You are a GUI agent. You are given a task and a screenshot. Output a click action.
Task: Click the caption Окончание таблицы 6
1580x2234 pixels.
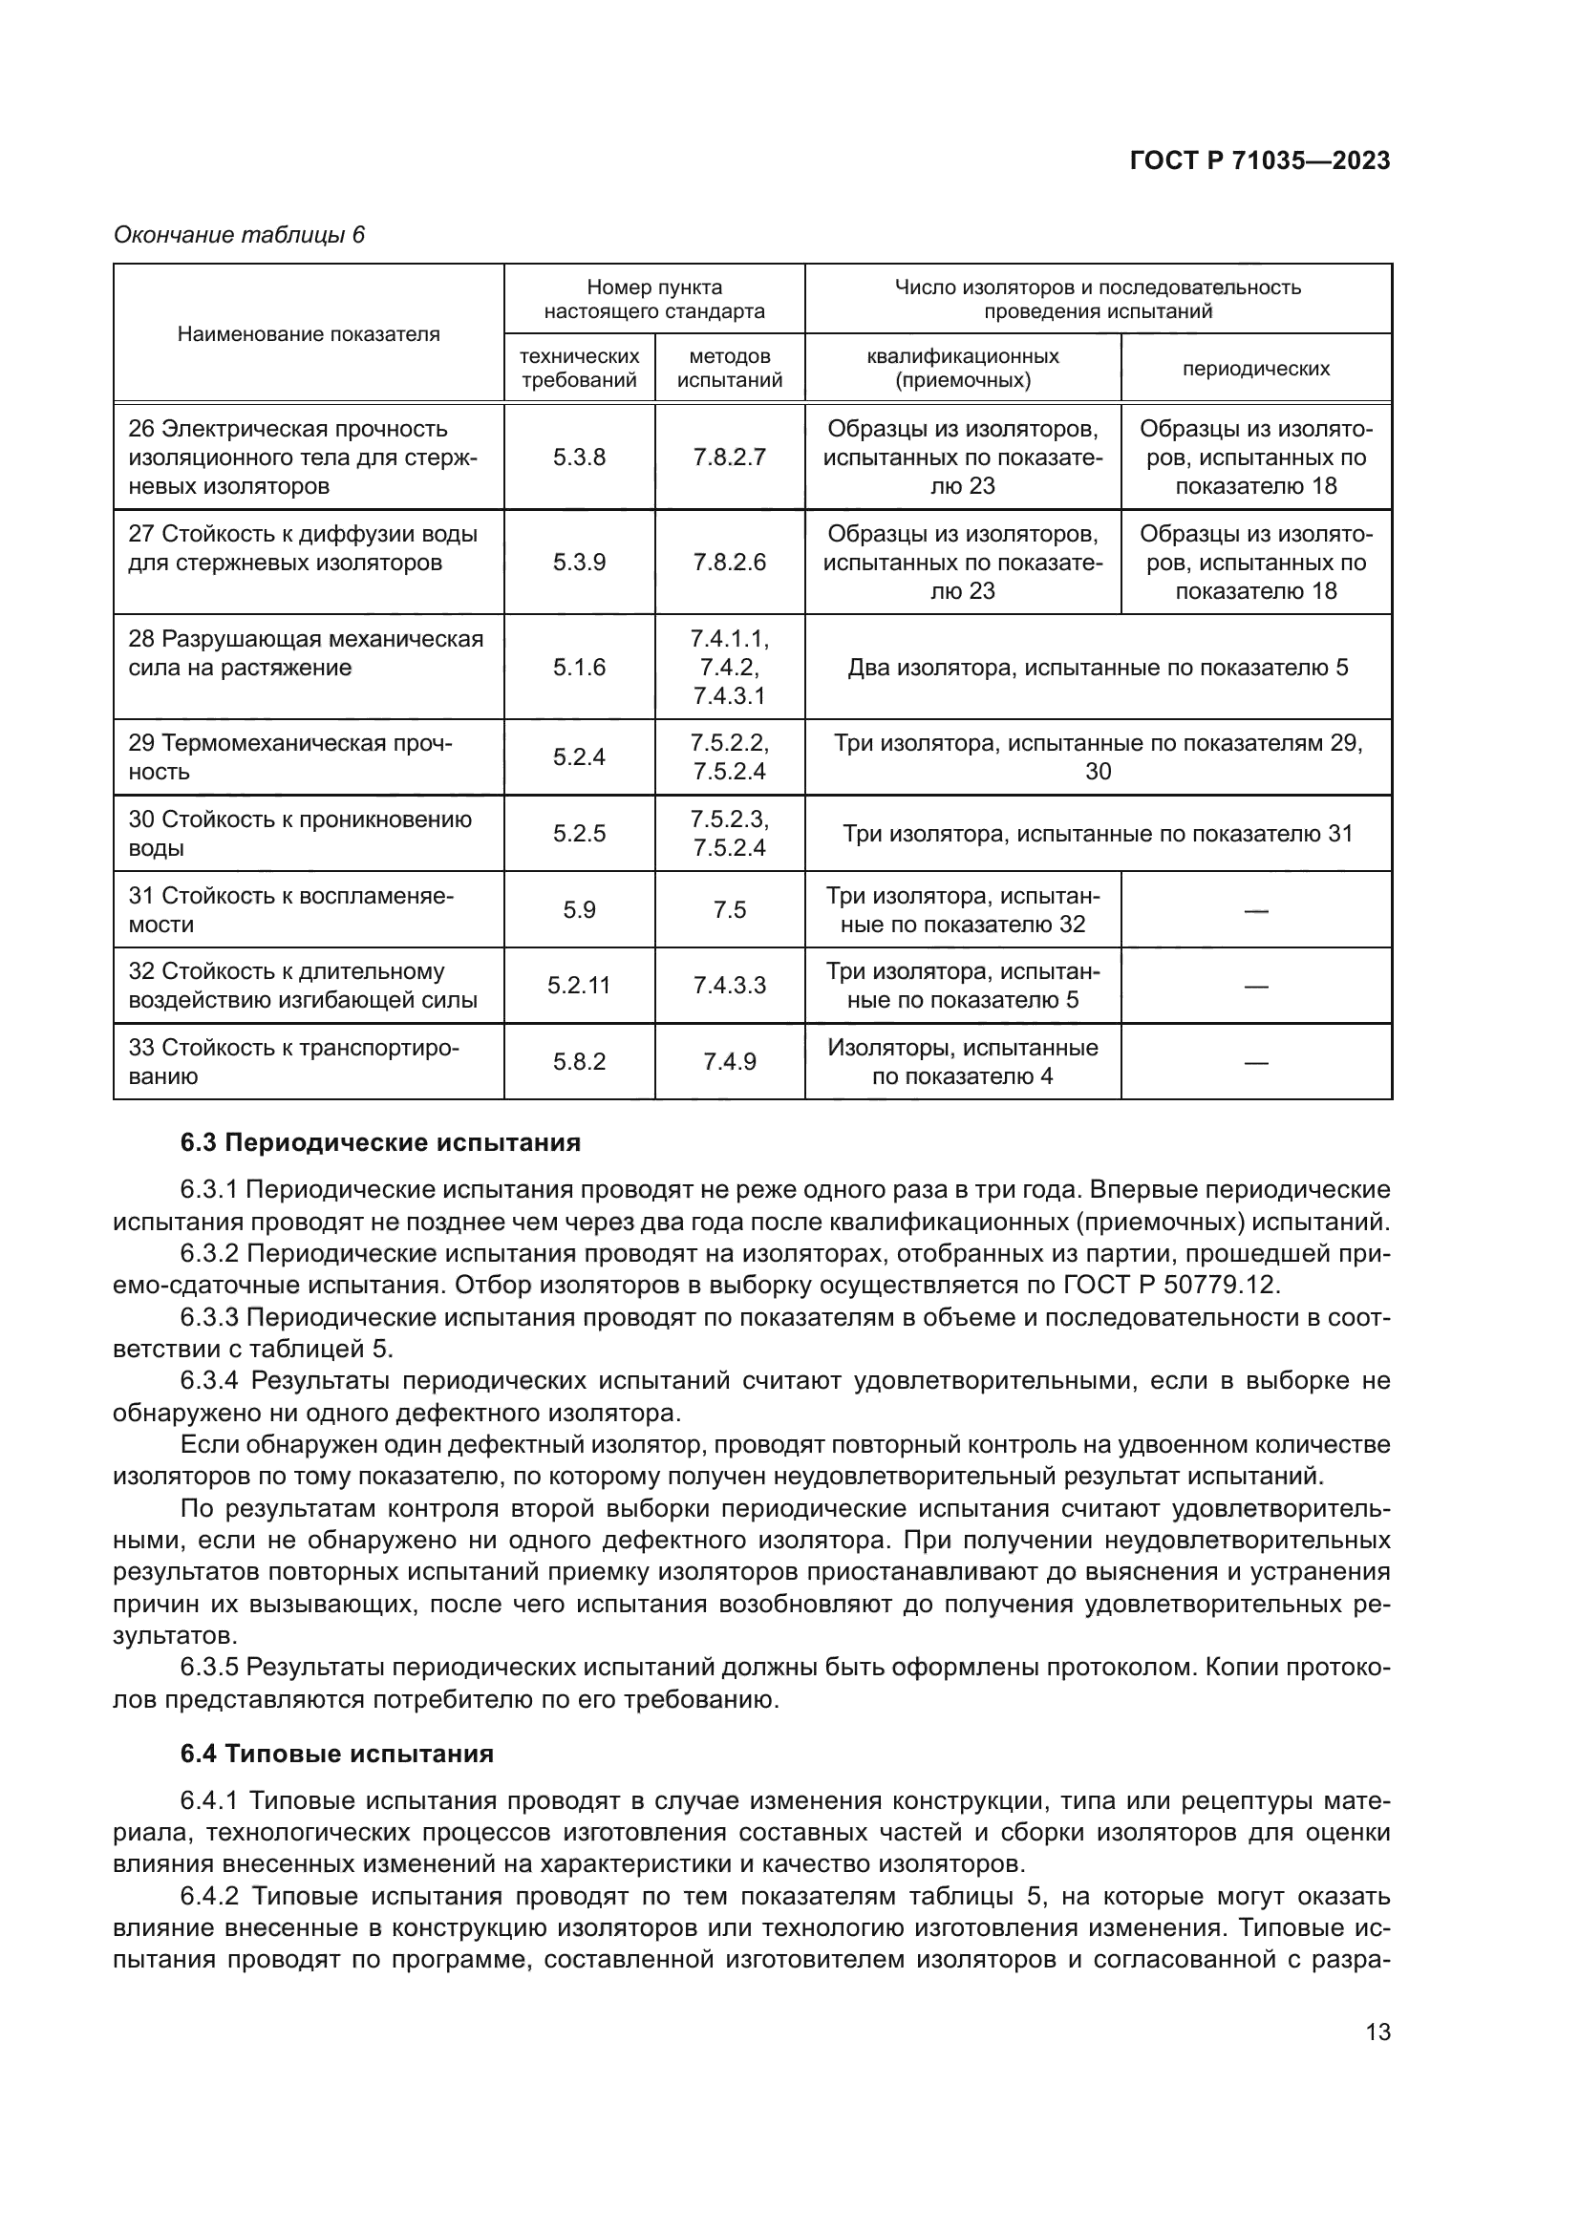(239, 235)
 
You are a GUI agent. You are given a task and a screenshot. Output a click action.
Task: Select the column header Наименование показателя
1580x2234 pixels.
(309, 333)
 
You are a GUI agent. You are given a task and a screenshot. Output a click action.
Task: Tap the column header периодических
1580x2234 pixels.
(1255, 369)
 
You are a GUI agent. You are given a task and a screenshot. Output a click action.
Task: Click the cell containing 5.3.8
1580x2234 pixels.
(579, 457)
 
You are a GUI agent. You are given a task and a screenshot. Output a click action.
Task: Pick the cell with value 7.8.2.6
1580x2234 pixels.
(729, 563)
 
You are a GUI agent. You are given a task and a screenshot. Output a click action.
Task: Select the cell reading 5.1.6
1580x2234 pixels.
(579, 668)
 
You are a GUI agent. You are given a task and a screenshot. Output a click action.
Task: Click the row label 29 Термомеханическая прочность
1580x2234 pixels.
(290, 757)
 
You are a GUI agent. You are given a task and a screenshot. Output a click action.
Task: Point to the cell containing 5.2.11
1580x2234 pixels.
(579, 986)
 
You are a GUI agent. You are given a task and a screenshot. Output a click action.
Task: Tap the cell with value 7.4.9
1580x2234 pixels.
(729, 1061)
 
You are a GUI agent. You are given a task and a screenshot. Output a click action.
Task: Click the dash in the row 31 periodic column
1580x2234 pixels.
(1255, 911)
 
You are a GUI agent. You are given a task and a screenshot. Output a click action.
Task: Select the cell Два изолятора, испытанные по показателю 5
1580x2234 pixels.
(1098, 668)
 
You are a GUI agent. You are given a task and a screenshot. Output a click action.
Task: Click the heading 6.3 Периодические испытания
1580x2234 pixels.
(380, 1142)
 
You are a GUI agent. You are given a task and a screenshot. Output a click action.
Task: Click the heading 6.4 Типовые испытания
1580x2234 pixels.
(336, 1754)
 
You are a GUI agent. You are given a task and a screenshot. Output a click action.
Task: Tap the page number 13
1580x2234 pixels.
(1377, 2032)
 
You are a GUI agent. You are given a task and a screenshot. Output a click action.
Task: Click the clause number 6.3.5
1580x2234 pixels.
(209, 1668)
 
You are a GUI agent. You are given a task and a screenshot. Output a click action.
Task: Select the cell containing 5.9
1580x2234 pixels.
(579, 911)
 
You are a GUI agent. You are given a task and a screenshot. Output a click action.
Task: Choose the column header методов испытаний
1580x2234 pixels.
(729, 369)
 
